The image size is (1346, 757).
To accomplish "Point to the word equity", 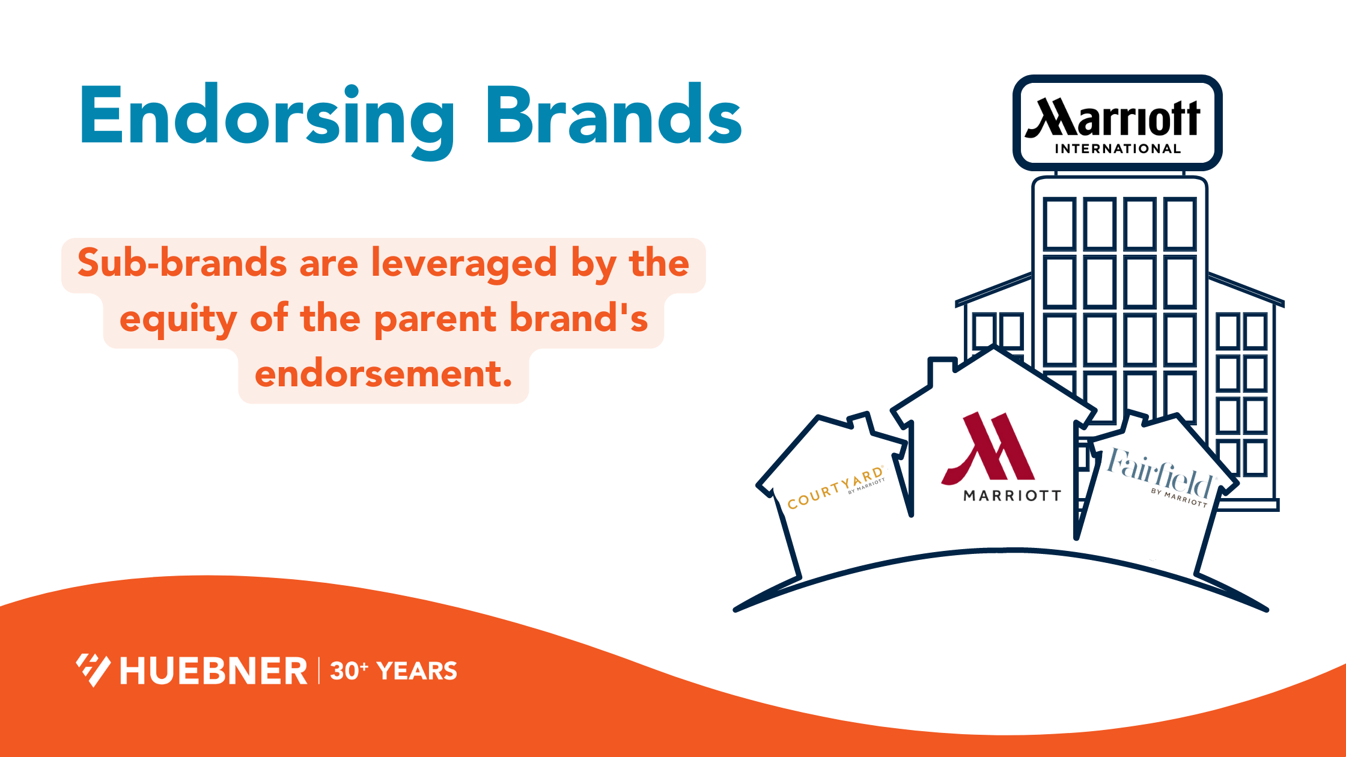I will [x=178, y=320].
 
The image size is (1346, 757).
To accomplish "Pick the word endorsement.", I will [x=383, y=374].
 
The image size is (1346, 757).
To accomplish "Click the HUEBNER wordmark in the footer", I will [x=213, y=671].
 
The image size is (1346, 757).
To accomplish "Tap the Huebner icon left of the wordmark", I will [x=93, y=669].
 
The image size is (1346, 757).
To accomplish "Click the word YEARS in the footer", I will [x=417, y=671].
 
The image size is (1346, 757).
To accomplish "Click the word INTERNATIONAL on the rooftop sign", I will [x=1118, y=148].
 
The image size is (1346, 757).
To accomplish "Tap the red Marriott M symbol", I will [x=988, y=448].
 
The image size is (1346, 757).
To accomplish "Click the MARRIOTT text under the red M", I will [x=1012, y=496].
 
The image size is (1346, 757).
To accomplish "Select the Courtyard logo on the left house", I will [x=836, y=488].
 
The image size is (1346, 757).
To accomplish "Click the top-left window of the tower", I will [x=1059, y=223].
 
